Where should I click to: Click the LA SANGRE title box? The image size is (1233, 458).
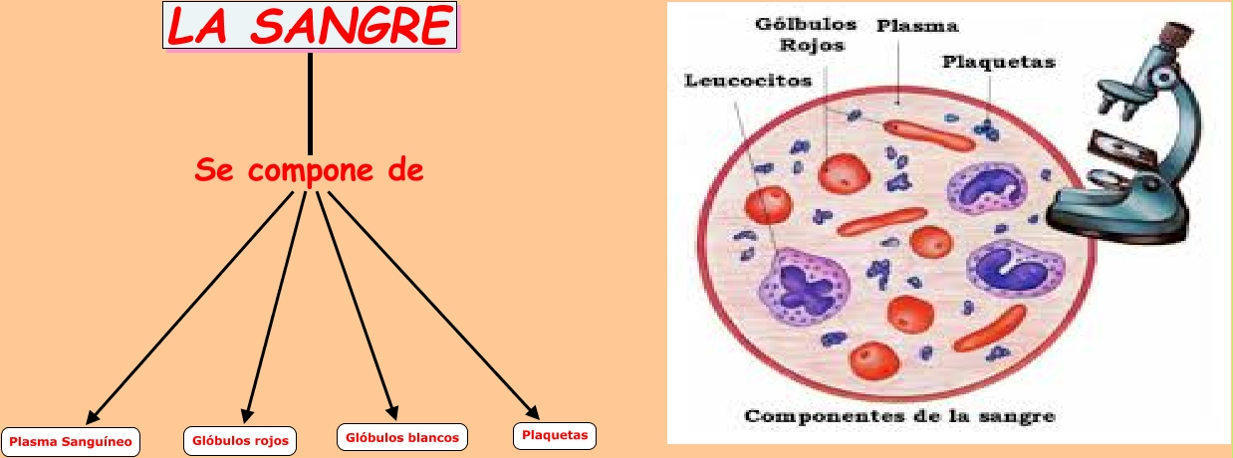310,26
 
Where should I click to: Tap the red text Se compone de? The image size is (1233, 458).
310,170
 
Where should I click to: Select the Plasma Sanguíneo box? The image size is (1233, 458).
71,440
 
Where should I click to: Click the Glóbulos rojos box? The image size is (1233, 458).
239,440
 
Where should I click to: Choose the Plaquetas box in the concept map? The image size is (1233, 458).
555,434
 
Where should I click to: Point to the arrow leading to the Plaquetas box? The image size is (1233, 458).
433,304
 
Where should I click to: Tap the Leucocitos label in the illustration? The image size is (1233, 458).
748,80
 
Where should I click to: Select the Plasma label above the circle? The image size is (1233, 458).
903,27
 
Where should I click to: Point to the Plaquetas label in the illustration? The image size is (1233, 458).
997,62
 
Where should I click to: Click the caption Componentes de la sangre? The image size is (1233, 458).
899,415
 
